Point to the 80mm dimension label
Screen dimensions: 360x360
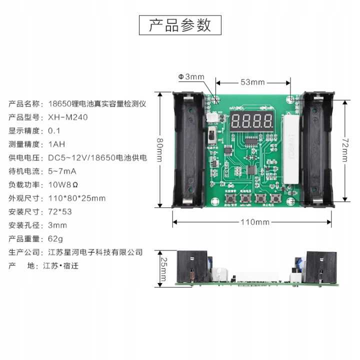click(x=159, y=149)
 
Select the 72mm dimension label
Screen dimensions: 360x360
click(x=343, y=150)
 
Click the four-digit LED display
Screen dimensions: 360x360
click(x=252, y=121)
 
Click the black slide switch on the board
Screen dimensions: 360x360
click(x=211, y=135)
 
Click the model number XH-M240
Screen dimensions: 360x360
click(x=68, y=117)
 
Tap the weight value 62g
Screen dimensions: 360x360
click(x=55, y=238)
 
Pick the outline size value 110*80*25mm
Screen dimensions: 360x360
click(x=77, y=198)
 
